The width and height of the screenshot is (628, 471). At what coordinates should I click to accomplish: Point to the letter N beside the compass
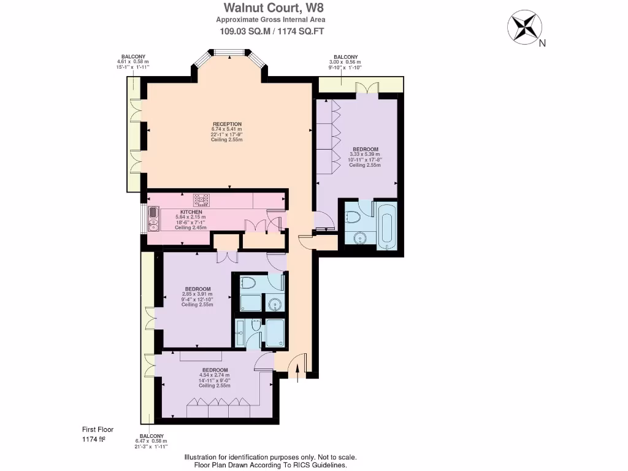click(x=542, y=44)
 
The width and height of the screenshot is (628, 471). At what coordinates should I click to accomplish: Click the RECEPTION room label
click(x=226, y=124)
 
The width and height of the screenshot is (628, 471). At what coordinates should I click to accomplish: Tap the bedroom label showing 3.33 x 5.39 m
click(x=365, y=149)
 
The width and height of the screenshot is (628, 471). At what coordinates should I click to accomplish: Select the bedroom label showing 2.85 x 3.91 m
click(x=197, y=289)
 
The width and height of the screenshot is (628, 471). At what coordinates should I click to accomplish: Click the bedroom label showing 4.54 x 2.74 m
click(x=215, y=370)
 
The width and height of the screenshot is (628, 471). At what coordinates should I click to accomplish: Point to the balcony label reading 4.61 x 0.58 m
click(x=132, y=56)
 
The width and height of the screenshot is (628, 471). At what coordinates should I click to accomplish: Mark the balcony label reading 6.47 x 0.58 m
click(x=150, y=435)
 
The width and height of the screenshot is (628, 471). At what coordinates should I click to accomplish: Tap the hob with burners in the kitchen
click(x=202, y=199)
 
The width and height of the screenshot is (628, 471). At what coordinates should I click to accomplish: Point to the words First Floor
click(x=98, y=430)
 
